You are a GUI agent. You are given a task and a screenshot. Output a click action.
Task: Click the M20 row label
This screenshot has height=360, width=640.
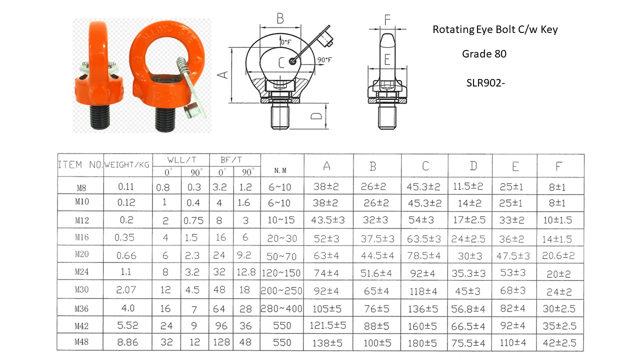[81, 254]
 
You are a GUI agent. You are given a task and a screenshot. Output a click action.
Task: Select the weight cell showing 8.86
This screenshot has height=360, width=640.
[127, 342]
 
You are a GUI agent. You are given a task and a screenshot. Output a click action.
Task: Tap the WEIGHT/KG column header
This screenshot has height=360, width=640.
[127, 165]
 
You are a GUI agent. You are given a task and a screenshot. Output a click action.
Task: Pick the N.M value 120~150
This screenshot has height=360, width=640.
[281, 273]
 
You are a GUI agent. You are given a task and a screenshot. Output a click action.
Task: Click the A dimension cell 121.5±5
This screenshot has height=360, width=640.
[327, 325]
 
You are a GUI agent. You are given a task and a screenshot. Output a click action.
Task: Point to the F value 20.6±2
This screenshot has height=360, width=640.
[558, 255]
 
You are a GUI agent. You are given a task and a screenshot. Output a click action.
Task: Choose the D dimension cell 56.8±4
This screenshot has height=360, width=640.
[468, 308]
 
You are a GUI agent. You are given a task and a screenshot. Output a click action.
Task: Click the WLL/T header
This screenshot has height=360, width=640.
[181, 159]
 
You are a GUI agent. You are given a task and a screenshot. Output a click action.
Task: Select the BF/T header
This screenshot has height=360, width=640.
[231, 159]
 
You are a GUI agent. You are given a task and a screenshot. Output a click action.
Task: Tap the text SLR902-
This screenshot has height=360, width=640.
[485, 83]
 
